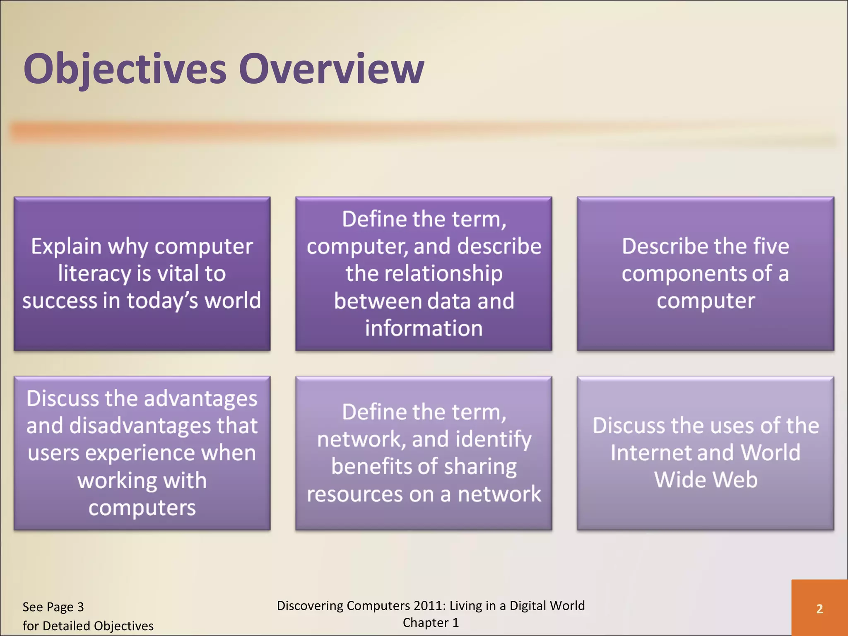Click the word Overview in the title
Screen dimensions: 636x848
pos(331,70)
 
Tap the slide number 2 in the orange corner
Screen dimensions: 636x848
pos(819,609)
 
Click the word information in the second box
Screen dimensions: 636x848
pos(424,328)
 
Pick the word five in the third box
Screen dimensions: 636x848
pos(771,246)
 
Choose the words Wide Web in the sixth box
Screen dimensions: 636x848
pos(706,480)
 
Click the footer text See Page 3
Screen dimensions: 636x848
pos(53,607)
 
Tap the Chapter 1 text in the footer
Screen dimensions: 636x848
pos(431,623)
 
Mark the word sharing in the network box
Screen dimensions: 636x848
pos(480,467)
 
